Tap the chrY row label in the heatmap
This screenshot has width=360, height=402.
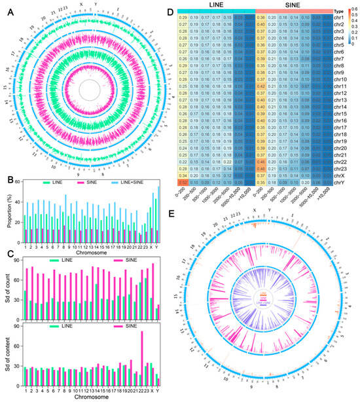343,173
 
